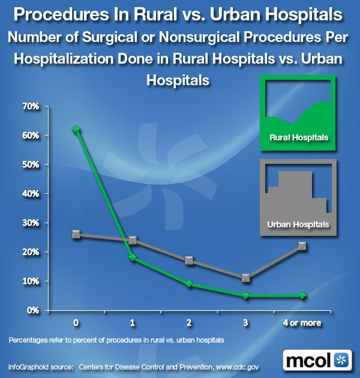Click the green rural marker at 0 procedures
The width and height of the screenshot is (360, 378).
pos(76,129)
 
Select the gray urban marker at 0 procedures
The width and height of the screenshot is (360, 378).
pos(76,234)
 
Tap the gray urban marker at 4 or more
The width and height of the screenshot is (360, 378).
pos(302,246)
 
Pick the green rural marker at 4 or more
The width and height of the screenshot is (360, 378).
pos(302,295)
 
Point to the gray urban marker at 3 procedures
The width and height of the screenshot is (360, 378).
pos(245,278)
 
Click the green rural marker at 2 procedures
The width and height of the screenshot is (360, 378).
pos(189,284)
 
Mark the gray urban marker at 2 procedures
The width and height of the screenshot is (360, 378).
pos(189,260)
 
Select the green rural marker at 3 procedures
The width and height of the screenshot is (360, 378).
pos(245,295)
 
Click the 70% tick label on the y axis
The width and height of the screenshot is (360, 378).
pos(31,106)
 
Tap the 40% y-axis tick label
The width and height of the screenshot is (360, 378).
pos(31,194)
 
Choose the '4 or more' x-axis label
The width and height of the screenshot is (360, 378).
pos(302,323)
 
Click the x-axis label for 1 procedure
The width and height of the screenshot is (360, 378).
pos(133,323)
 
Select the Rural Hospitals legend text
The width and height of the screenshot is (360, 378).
pos(299,137)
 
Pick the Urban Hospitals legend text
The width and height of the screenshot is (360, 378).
pos(298,224)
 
